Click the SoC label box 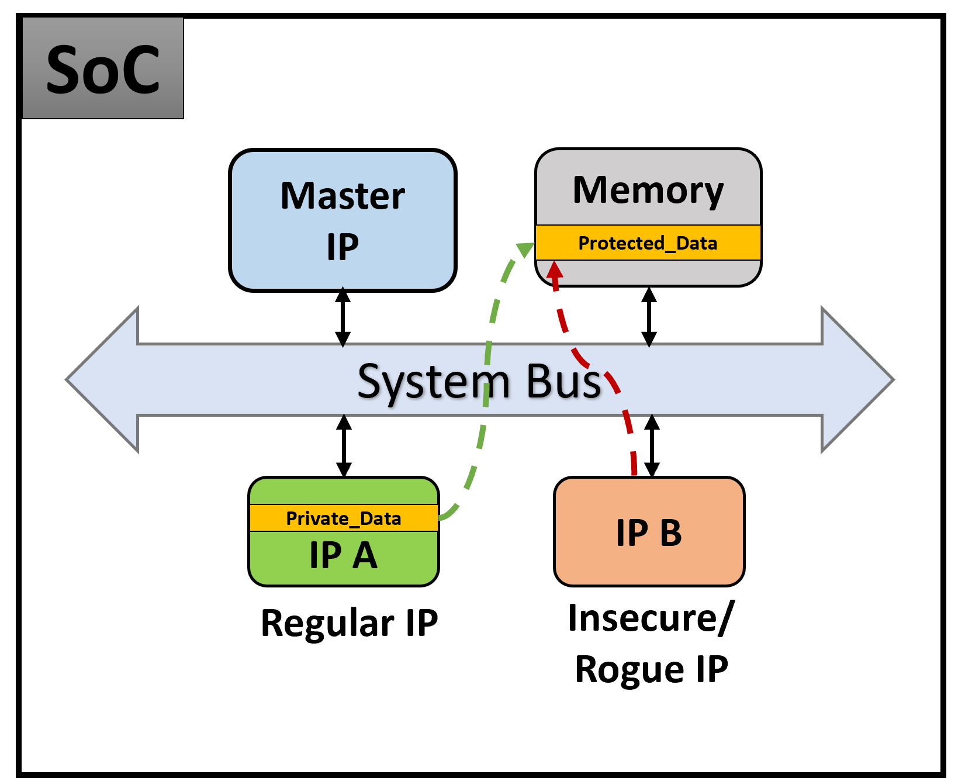(x=103, y=68)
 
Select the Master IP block (x=343, y=220)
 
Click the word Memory (x=648, y=191)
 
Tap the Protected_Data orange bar (x=648, y=243)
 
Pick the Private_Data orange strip (x=344, y=518)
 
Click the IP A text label (x=344, y=555)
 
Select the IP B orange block (x=649, y=532)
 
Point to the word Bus (x=563, y=381)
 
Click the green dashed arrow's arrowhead (x=526, y=250)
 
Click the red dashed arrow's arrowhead (x=554, y=270)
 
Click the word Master (x=343, y=196)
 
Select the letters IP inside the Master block (x=343, y=247)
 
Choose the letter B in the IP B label (x=670, y=533)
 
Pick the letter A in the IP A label (x=365, y=555)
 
